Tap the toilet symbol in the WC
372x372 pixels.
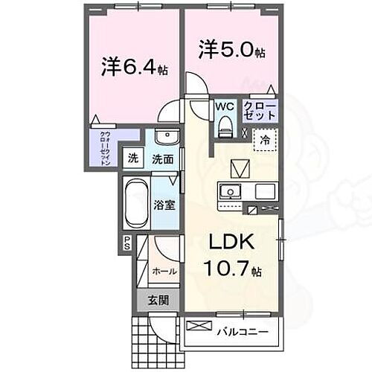225,129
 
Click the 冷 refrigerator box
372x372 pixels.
264,140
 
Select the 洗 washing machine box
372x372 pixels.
133,158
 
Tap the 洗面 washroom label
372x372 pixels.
163,158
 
